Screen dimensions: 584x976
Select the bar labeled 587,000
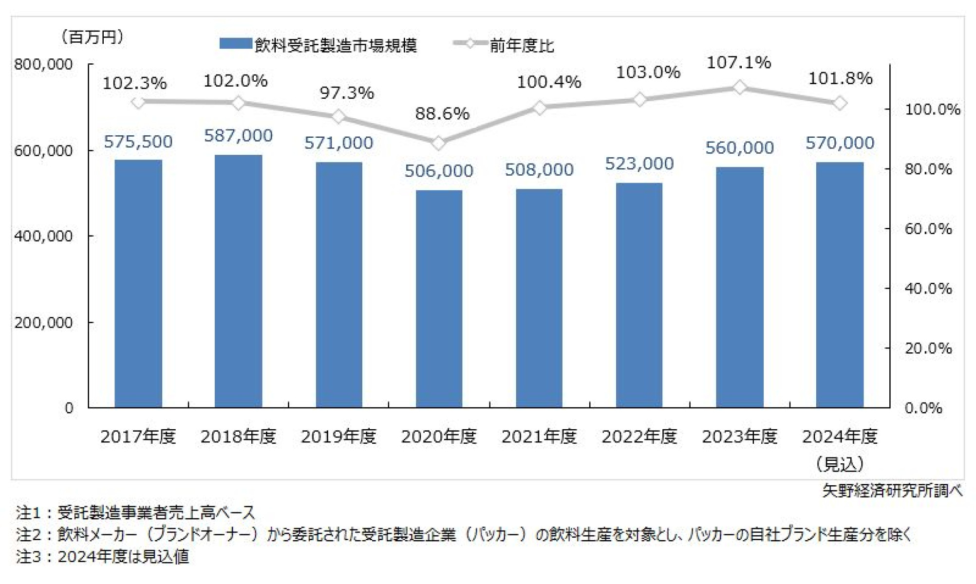238,281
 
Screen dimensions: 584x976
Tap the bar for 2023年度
739,287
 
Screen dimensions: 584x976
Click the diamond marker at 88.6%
438,143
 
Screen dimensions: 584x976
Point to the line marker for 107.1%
739,88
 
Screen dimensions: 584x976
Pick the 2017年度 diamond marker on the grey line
138,102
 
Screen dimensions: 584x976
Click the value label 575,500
138,142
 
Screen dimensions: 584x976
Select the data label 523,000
639,164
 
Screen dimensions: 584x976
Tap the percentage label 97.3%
346,92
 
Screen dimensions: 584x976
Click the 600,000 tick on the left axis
43,151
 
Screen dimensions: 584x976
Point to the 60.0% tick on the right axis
928,229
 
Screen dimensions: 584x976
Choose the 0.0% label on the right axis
923,408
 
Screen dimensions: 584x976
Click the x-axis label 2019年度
338,437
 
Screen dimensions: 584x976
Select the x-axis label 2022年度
639,437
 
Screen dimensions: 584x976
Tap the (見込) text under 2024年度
840,464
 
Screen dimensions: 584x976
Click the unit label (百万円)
92,36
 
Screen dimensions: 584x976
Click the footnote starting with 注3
102,556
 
